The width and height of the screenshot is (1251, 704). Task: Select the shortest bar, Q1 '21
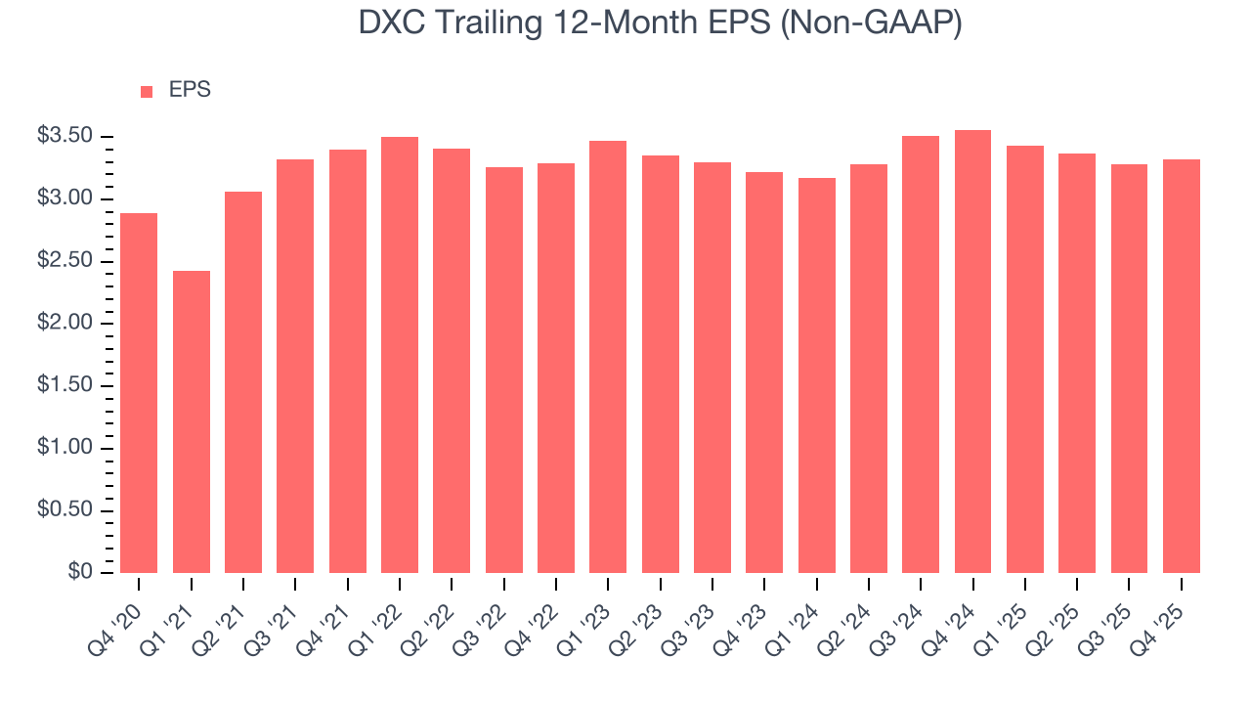coord(192,421)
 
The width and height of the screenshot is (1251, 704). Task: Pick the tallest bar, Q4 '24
coord(972,351)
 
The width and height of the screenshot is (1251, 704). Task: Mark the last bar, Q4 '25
coord(1181,366)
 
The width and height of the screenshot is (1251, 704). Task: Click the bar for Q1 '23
coord(608,357)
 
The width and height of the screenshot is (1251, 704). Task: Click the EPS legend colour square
coord(147,91)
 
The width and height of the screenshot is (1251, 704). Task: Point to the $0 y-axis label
coord(80,572)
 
